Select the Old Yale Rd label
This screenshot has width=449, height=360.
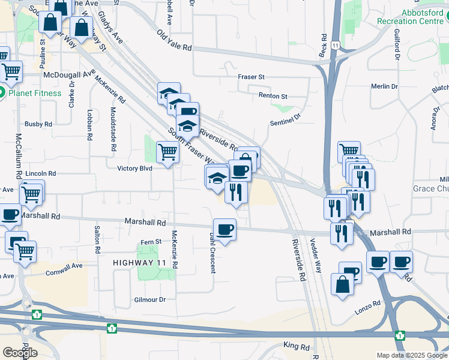175,40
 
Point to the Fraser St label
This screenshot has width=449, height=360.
251,77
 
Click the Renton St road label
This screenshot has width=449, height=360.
273,96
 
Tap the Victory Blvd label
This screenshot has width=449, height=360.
134,169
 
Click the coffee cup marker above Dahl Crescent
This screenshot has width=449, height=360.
224,230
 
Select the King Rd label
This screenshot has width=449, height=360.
296,347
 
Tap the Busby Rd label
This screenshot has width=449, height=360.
38,124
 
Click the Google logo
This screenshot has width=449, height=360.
20,353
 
